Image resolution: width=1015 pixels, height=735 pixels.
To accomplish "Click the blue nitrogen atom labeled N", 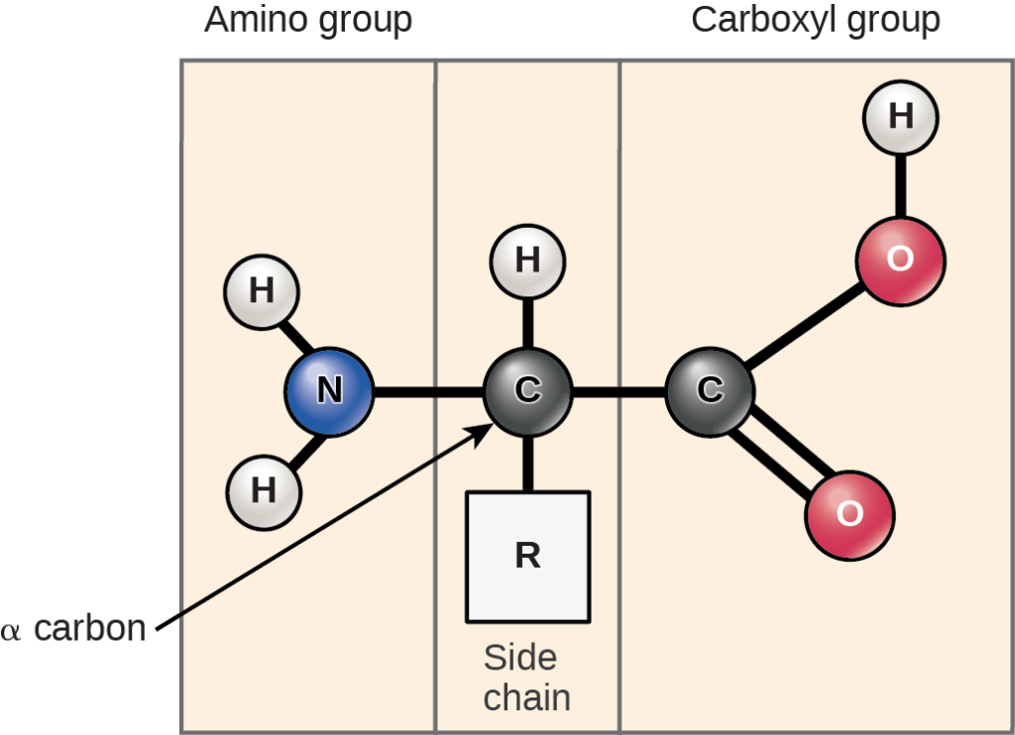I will [x=329, y=391].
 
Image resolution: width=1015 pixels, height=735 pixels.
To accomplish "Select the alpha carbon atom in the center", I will [x=527, y=391].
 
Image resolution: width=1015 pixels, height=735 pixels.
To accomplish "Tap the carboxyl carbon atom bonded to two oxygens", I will [x=710, y=391].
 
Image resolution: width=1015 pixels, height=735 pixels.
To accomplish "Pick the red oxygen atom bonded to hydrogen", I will [x=900, y=260].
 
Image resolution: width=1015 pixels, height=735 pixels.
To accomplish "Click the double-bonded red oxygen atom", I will [x=849, y=515].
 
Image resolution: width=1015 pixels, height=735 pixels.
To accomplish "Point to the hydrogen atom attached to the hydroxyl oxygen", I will [x=900, y=118].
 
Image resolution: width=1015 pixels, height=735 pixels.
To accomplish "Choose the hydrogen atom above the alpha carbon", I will [x=527, y=261].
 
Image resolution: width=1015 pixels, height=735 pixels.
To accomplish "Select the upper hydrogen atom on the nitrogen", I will [x=262, y=291].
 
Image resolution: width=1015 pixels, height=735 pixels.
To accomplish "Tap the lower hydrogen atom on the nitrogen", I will [x=263, y=490].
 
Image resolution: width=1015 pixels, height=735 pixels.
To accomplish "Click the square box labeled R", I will [x=527, y=556].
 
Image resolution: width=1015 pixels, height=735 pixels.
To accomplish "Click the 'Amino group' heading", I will [x=307, y=20].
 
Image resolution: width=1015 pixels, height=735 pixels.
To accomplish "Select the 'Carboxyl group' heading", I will [x=815, y=20].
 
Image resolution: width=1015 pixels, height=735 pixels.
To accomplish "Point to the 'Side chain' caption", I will [x=526, y=678].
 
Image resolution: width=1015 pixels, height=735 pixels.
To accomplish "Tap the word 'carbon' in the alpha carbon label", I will [x=90, y=628].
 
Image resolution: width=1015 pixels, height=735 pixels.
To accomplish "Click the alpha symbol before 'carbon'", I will [x=11, y=631].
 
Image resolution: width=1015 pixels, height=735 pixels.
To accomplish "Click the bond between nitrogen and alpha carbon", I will [x=428, y=392].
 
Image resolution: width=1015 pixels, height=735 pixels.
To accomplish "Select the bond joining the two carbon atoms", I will [x=619, y=392].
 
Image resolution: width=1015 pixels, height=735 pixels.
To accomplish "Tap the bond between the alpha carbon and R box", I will [x=527, y=463].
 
